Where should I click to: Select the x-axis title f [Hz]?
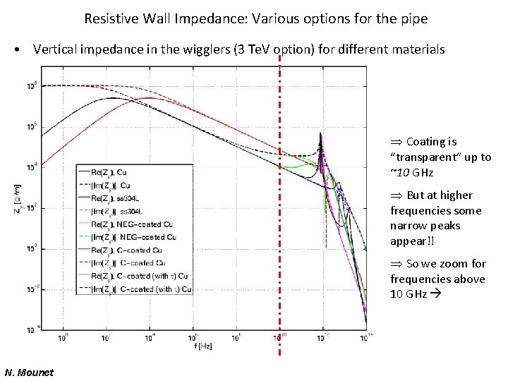(203, 346)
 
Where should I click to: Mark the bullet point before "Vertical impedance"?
(16, 50)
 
